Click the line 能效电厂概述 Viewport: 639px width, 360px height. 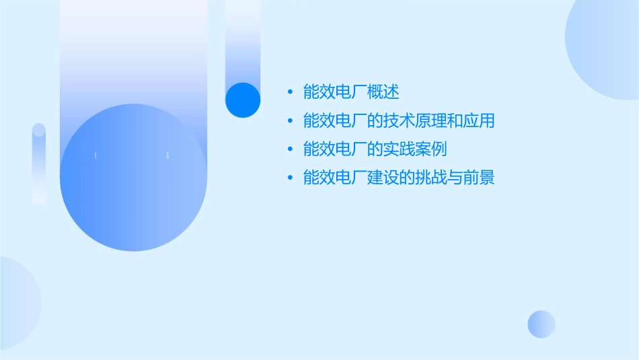tap(351, 92)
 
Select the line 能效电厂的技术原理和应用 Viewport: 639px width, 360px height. tap(399, 121)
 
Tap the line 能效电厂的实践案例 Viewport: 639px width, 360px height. tap(375, 149)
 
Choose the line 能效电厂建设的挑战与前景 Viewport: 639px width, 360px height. tap(399, 178)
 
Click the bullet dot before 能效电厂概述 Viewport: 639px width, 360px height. tap(290, 92)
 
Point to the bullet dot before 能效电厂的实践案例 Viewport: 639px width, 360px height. tap(290, 149)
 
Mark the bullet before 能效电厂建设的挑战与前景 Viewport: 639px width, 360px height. tap(290, 178)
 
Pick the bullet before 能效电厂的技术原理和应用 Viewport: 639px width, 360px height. tap(290, 121)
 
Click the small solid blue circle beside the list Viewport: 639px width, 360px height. tap(242, 100)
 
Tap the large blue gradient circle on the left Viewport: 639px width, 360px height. tap(133, 178)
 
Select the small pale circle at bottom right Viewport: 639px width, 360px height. tap(541, 324)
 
